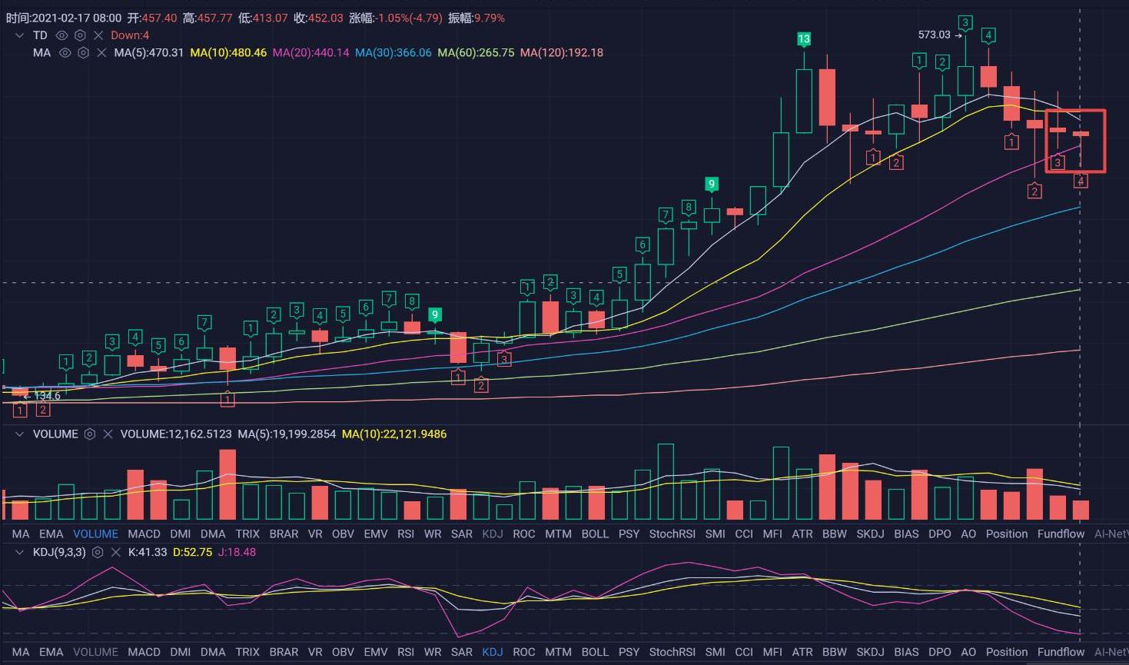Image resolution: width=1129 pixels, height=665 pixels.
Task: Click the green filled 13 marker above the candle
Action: coord(803,39)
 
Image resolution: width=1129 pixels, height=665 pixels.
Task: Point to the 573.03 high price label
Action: coord(934,35)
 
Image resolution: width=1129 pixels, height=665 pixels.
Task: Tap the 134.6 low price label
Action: coord(47,396)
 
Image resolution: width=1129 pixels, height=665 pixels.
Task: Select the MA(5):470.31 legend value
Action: coord(149,53)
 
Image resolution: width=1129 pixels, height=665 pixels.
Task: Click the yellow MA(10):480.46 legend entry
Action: coord(228,53)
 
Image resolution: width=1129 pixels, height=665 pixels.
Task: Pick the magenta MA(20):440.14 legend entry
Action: coord(310,53)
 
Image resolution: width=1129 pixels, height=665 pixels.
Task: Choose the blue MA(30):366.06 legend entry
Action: coord(393,53)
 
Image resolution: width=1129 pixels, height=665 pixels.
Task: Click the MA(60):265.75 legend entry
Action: coord(476,53)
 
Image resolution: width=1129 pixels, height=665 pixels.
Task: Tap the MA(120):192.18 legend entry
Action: coord(561,53)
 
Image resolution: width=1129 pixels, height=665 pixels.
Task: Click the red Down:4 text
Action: coord(130,35)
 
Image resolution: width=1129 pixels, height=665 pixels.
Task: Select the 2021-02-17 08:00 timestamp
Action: coord(76,18)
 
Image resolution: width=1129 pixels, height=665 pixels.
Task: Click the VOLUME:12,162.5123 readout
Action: coord(176,434)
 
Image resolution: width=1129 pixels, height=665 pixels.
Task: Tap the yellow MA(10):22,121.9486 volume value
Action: coord(394,434)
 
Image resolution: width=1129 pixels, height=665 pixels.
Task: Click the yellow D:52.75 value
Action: coord(192,553)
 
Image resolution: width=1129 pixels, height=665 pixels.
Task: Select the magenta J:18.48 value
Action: coord(237,553)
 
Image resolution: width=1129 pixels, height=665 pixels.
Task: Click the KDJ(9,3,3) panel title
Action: coord(59,553)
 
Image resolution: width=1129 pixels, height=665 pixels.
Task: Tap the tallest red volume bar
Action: coord(227,484)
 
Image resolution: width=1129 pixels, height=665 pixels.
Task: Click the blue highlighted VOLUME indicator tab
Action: coord(95,534)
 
